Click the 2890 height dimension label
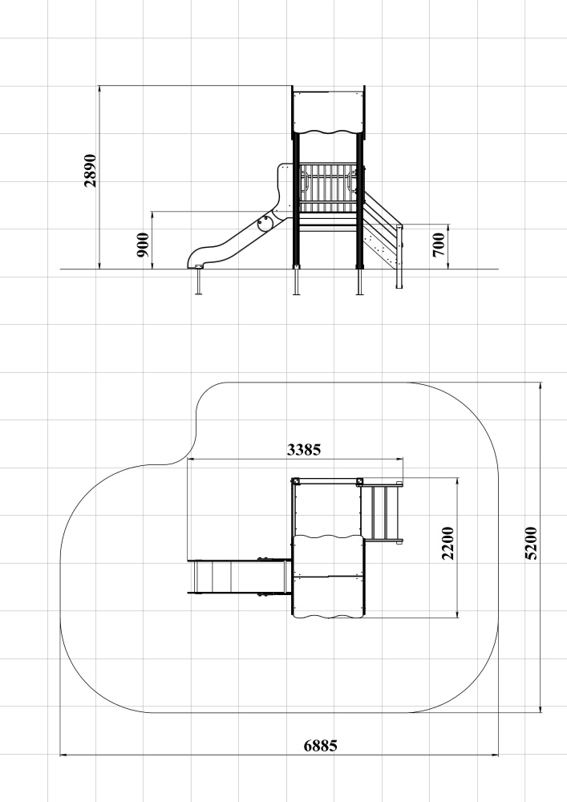[x=90, y=170]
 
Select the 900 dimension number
[x=144, y=245]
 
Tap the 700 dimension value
[x=439, y=245]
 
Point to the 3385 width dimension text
[x=304, y=450]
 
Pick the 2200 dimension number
[x=448, y=543]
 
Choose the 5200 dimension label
[x=532, y=543]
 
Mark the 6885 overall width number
[x=321, y=746]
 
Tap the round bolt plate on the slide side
[x=265, y=224]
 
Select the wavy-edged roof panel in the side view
[x=328, y=113]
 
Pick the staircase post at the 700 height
[x=399, y=256]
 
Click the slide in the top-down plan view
[x=239, y=577]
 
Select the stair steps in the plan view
[x=382, y=512]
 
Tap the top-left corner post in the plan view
[x=295, y=482]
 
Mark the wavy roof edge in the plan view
[x=328, y=537]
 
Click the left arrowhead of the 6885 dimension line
[x=63, y=755]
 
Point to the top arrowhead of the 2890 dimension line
[x=99, y=89]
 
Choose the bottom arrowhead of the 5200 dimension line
[x=541, y=708]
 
